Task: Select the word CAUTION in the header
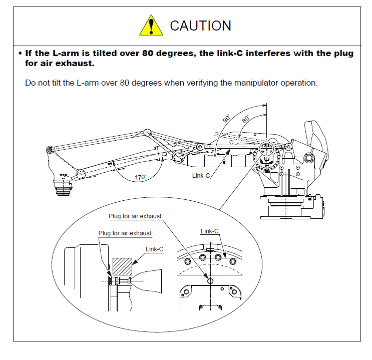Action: (x=201, y=26)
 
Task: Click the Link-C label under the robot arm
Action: (x=201, y=176)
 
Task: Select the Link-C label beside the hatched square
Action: (x=154, y=249)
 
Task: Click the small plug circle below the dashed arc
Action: (x=210, y=281)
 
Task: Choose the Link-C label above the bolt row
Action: (x=210, y=231)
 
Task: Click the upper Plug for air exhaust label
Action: (x=135, y=216)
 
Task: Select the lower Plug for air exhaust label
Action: (x=125, y=233)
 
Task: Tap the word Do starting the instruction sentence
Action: (x=30, y=82)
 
